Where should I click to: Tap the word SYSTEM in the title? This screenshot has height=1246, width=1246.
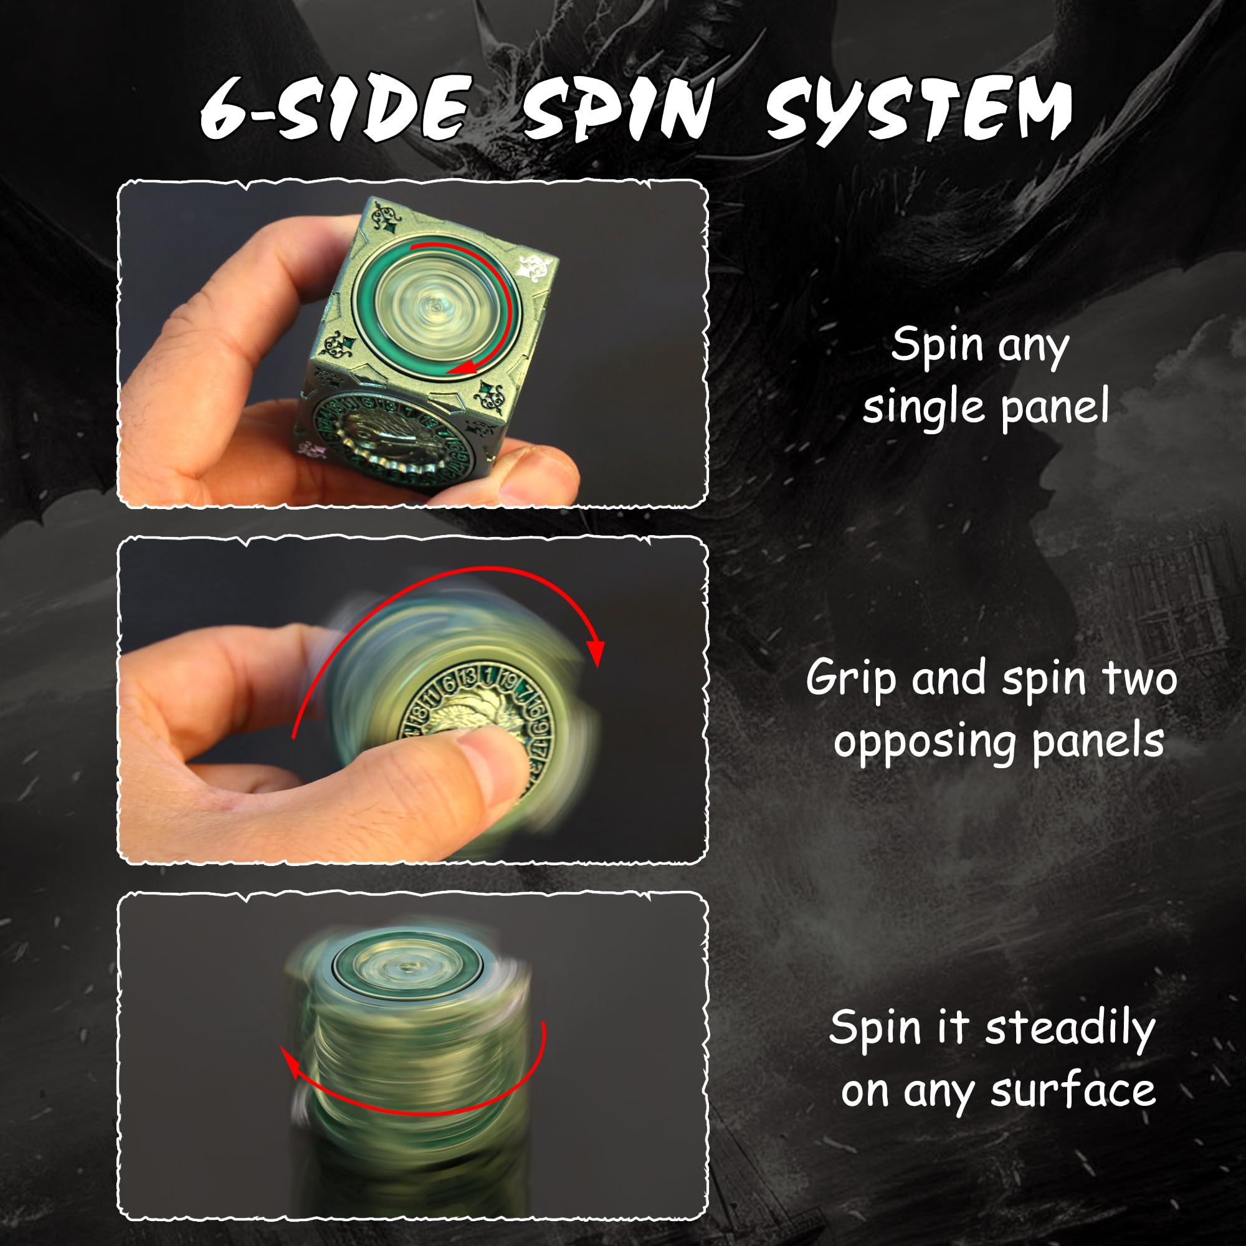tap(918, 108)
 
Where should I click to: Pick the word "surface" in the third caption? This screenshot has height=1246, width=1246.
tap(1073, 1091)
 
